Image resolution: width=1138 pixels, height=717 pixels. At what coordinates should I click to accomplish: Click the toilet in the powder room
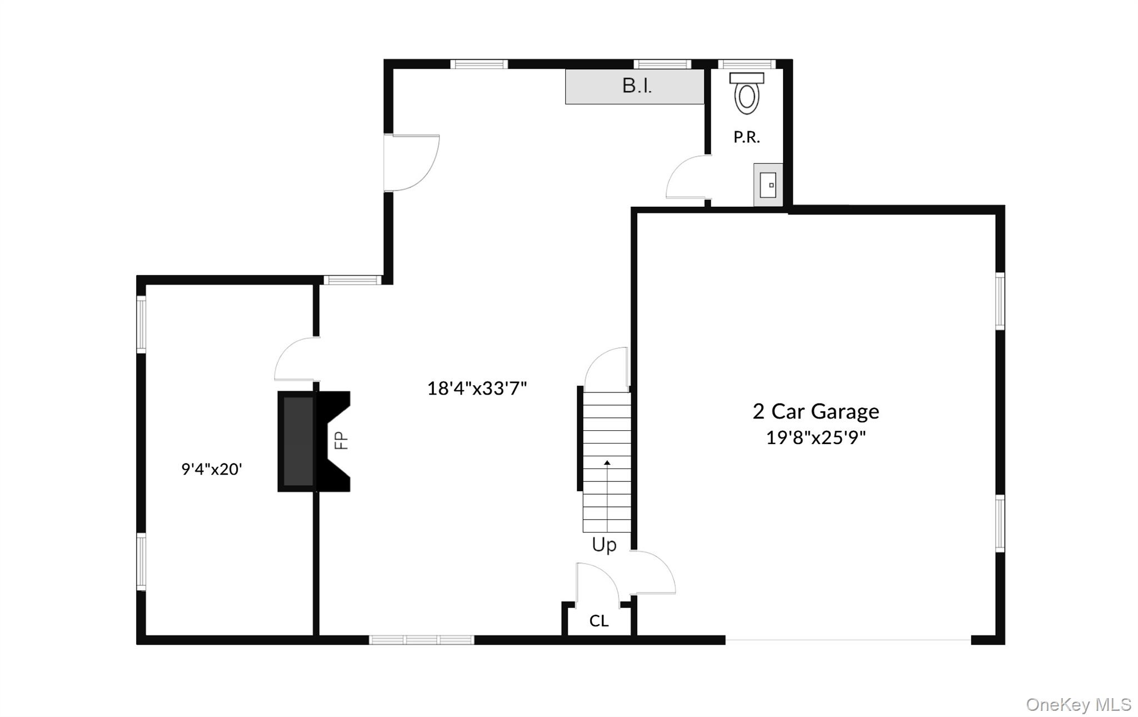click(747, 94)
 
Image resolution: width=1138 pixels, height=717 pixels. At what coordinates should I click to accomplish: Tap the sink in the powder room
click(768, 185)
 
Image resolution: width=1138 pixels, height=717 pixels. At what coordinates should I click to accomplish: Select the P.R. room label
click(746, 137)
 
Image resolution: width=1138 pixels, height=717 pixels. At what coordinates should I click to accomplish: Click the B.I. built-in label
click(637, 86)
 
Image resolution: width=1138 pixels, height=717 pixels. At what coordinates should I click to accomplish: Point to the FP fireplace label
click(341, 441)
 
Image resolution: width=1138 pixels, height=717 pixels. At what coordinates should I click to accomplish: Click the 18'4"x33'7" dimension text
click(477, 388)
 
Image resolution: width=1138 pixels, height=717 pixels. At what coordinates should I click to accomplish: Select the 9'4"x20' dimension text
click(212, 469)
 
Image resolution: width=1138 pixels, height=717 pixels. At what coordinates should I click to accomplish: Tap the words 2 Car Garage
click(816, 412)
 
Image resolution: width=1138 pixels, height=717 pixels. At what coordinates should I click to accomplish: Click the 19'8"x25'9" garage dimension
click(816, 438)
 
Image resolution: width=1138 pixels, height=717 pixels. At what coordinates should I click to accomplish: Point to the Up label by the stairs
click(604, 545)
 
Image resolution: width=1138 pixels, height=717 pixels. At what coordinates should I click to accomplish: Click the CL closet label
click(599, 621)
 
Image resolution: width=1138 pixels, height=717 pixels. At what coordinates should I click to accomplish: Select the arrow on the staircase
click(607, 462)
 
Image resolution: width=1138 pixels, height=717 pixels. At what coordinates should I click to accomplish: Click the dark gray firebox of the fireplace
click(298, 441)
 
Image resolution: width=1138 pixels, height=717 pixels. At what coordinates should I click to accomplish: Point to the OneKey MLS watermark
click(1078, 705)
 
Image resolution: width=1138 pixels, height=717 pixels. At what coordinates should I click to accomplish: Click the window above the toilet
click(746, 64)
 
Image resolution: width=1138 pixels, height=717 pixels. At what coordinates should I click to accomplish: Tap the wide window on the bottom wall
click(422, 640)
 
